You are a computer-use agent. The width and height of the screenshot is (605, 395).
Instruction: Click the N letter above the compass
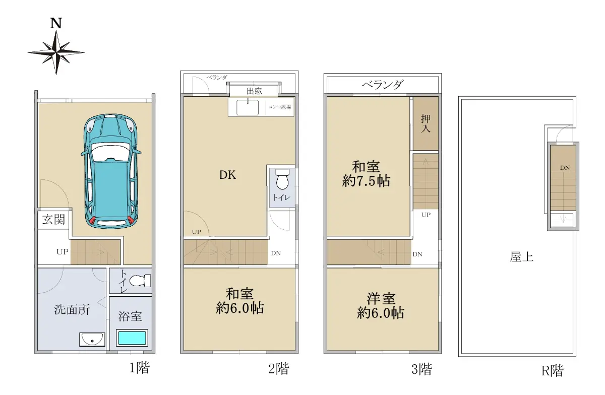click(x=56, y=23)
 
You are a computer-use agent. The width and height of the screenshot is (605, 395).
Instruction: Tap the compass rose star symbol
click(x=56, y=52)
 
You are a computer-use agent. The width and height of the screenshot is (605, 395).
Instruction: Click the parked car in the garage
click(x=111, y=171)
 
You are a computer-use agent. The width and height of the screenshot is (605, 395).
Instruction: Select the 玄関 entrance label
click(x=53, y=220)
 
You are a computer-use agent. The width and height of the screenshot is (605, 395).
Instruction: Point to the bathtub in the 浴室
click(x=132, y=338)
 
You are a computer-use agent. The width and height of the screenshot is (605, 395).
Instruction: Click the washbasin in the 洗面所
click(x=92, y=340)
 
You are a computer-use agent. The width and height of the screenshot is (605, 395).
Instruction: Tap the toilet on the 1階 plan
click(x=140, y=281)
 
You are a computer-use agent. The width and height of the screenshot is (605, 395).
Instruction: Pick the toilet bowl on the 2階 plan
click(x=282, y=179)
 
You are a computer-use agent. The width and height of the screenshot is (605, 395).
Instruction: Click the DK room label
click(x=227, y=175)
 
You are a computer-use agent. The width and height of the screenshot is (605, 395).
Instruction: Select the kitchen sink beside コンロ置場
click(x=248, y=107)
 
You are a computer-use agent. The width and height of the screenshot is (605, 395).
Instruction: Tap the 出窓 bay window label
click(x=254, y=91)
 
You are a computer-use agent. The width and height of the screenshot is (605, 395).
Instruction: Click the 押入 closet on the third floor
click(x=426, y=123)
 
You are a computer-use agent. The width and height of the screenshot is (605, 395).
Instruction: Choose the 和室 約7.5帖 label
click(x=366, y=174)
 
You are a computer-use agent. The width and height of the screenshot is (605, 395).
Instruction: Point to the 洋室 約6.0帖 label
click(x=381, y=306)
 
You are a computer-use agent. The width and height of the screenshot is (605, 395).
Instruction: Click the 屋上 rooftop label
click(x=521, y=257)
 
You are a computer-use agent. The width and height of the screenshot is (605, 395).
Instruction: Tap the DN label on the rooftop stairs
click(x=565, y=168)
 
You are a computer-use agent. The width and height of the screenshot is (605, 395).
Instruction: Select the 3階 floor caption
click(x=421, y=369)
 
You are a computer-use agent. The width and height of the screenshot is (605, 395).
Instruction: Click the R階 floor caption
click(x=553, y=371)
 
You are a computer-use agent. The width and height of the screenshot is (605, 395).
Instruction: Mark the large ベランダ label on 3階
click(x=383, y=85)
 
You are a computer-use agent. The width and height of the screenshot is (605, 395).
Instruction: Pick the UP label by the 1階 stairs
click(x=63, y=252)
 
